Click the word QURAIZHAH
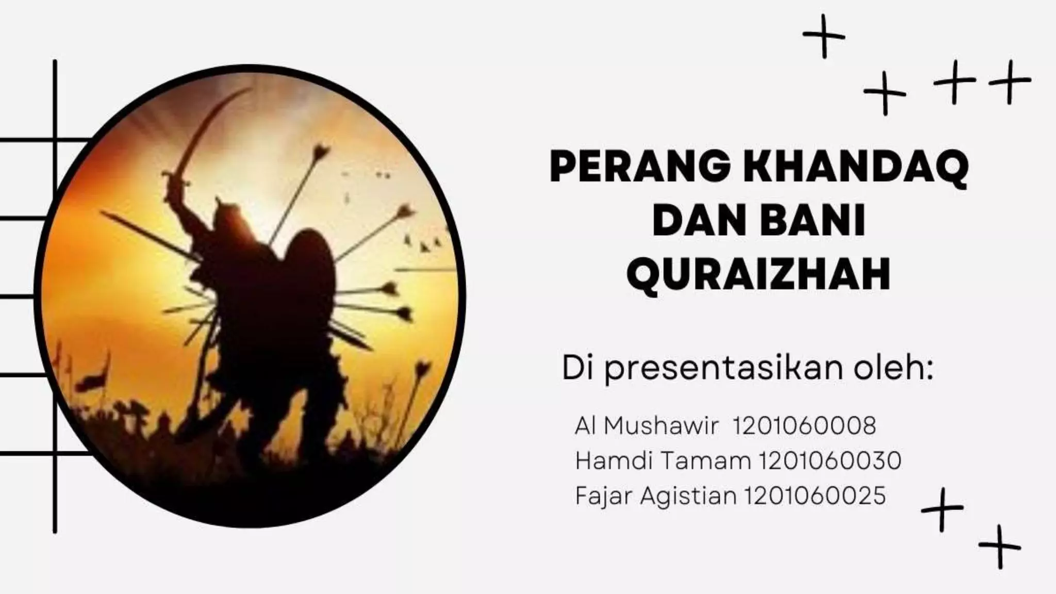pos(758,275)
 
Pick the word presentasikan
pos(723,369)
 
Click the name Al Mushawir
pos(646,426)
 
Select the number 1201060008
pos(804,426)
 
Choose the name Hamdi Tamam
pos(663,460)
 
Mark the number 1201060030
pos(830,460)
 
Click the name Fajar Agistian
pos(655,496)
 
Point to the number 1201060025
pos(815,496)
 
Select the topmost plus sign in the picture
pos(823,36)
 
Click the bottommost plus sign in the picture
pos(999,547)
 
